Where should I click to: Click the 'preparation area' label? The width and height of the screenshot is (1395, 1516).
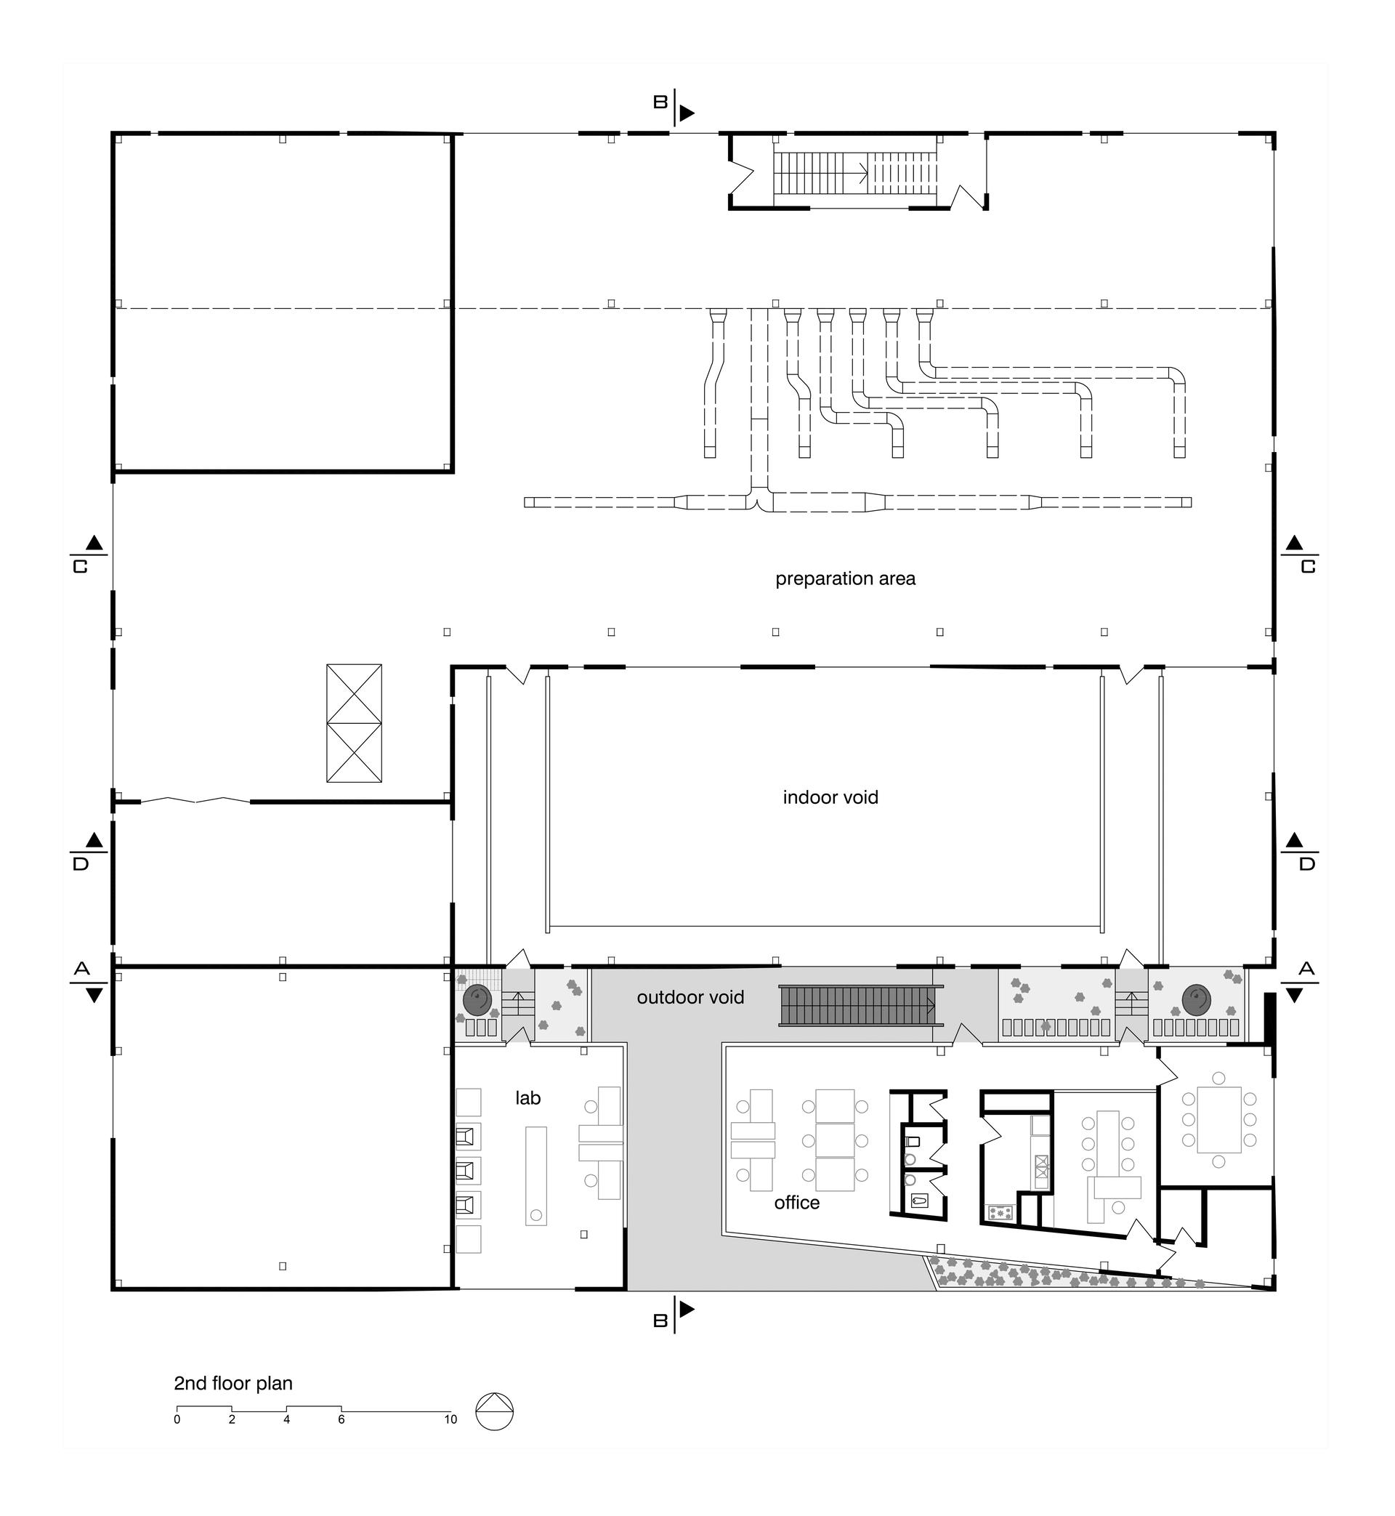point(846,579)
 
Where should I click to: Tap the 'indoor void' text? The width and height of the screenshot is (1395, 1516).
point(830,797)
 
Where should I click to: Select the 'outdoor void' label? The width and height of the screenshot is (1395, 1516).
point(691,997)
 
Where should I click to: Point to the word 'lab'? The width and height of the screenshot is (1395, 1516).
point(528,1097)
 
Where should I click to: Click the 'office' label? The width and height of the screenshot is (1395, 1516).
point(797,1202)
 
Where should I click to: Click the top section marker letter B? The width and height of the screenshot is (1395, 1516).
point(660,102)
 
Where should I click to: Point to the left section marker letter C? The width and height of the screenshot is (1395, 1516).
point(80,566)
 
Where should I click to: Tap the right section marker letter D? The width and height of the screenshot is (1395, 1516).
point(1307,863)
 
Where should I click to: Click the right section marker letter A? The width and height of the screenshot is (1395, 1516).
point(1306,969)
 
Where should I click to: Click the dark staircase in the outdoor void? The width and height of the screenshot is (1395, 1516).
point(857,1005)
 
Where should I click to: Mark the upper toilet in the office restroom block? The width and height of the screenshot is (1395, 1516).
point(912,1141)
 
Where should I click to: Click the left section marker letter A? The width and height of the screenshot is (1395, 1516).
point(82,969)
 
